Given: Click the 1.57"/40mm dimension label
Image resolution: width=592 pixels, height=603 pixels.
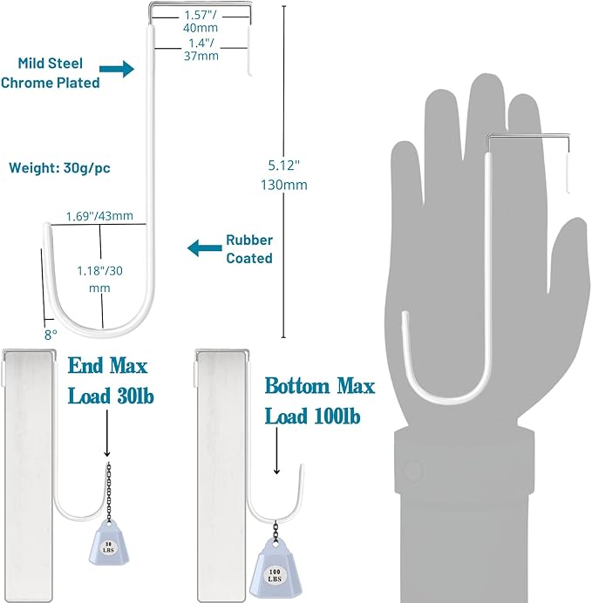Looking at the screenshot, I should (x=201, y=22).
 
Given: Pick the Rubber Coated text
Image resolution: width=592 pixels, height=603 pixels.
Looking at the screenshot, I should (x=249, y=249).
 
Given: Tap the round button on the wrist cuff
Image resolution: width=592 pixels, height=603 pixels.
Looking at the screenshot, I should (x=410, y=471).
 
